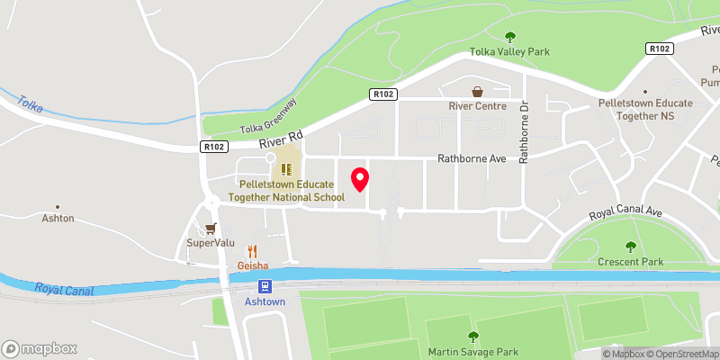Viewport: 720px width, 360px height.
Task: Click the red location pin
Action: coord(359,179)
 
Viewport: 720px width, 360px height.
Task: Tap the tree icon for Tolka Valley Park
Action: coord(510,37)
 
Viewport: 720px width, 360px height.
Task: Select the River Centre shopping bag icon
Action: coord(477,91)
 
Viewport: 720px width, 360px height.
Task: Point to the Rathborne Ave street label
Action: coord(472,158)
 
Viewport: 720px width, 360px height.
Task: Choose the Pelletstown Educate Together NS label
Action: coord(645,103)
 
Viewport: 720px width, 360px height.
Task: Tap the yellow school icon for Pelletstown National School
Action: coord(285,168)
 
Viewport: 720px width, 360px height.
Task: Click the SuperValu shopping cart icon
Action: coord(211,229)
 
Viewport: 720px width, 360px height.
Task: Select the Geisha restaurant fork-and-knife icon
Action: coord(253,252)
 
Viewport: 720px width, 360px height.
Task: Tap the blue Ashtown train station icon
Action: coord(265,286)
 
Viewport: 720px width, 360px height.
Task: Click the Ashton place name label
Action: coord(58,219)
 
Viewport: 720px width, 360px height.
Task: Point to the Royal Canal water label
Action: coord(67,290)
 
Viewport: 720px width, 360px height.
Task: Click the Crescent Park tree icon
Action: coord(630,247)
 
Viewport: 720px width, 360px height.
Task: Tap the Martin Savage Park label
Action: coord(472,350)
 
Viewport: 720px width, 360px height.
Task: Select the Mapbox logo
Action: coord(40,348)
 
